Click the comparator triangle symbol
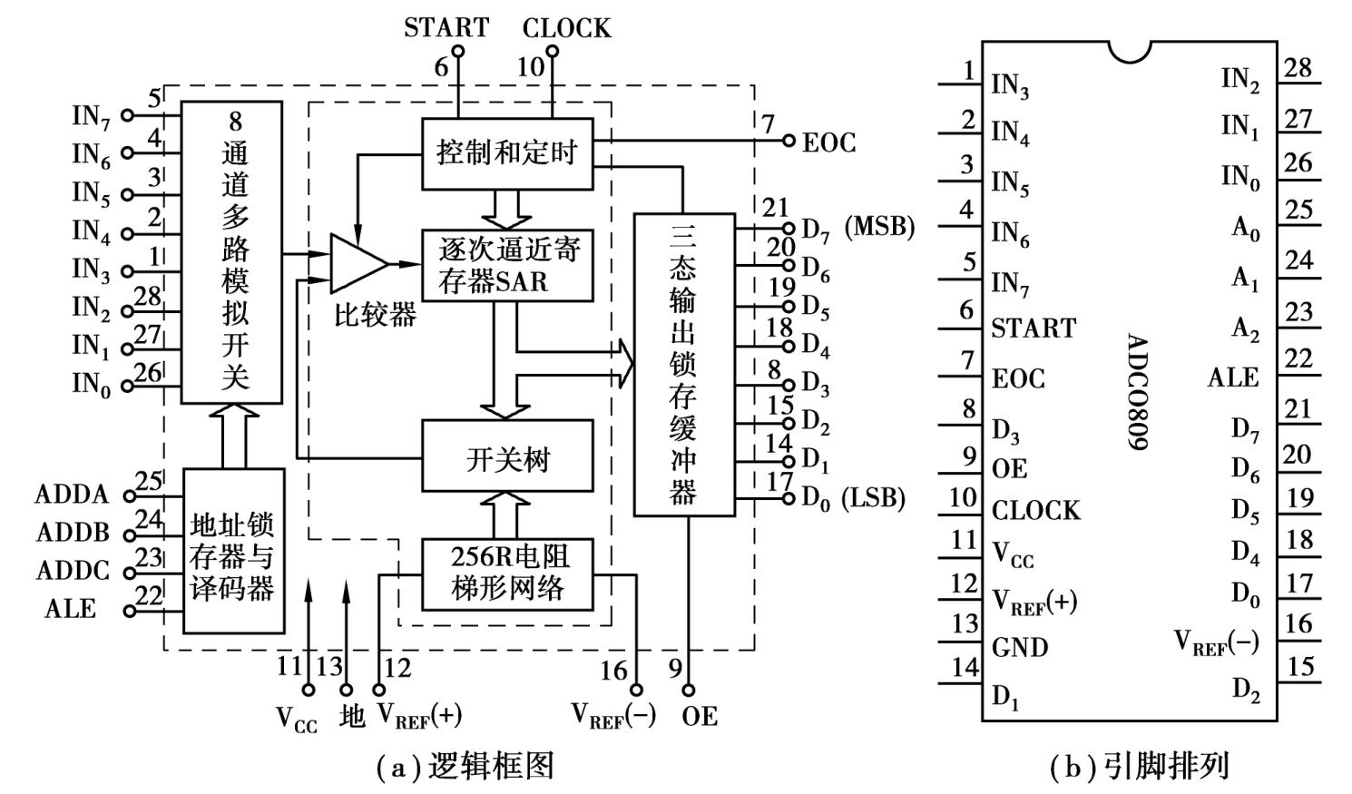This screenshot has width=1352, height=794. coord(358,263)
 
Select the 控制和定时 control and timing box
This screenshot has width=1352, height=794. coord(507,153)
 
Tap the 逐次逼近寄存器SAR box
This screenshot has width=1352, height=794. coord(507,265)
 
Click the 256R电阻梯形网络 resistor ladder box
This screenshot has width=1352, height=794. coord(507,573)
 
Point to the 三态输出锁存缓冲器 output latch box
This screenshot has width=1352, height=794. coord(683,364)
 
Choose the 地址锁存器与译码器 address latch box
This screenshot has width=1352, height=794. coord(233,551)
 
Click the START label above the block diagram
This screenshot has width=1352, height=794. coord(446,27)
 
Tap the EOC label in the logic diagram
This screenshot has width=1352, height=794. coord(828,143)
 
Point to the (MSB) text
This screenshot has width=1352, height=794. coord(879,227)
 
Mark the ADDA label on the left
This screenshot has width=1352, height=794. coord(72,495)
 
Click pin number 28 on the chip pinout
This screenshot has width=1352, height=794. coord(1298,68)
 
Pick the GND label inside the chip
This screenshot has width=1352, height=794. coord(1020,648)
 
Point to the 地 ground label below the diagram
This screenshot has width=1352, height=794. coord(351,717)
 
